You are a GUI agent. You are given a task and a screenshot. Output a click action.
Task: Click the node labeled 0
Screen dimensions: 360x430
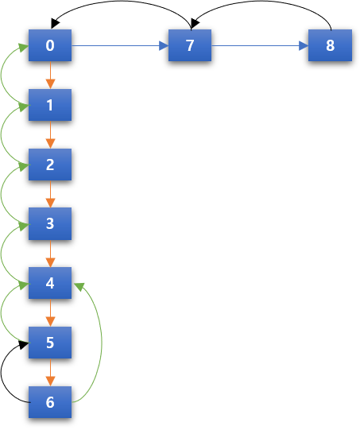50,45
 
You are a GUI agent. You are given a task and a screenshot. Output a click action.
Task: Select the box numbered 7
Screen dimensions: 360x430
190,45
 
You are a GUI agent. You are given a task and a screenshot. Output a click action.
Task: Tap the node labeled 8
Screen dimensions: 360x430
330,45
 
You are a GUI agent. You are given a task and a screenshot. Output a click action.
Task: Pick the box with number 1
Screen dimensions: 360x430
50,105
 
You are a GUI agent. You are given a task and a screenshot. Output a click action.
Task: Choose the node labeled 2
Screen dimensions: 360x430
50,165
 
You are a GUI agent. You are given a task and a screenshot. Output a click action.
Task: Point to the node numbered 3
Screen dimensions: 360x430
50,224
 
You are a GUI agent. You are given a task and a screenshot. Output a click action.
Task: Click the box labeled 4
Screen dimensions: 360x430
50,283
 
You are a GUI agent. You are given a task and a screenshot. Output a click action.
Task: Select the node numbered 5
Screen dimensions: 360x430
50,343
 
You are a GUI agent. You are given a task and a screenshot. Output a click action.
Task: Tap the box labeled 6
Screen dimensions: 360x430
50,402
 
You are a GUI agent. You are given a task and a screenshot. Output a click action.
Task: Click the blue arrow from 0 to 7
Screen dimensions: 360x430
120,45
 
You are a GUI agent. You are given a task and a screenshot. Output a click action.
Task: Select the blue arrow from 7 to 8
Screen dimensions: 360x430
260,45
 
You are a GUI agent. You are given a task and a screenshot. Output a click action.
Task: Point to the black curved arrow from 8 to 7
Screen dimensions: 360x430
261,2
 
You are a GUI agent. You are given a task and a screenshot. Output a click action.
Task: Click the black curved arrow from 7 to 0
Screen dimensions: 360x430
121,2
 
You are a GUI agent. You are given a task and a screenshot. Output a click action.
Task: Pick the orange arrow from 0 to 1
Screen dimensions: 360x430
50,75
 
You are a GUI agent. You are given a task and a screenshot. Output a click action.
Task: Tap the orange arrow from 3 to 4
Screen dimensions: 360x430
50,254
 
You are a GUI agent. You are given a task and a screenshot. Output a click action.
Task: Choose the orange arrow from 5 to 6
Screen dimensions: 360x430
50,373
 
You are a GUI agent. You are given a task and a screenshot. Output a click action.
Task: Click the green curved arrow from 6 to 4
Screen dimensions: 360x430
102,342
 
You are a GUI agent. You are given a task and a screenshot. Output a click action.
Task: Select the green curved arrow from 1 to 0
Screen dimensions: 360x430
2,75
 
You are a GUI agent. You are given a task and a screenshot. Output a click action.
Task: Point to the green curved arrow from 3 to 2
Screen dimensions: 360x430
2,193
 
